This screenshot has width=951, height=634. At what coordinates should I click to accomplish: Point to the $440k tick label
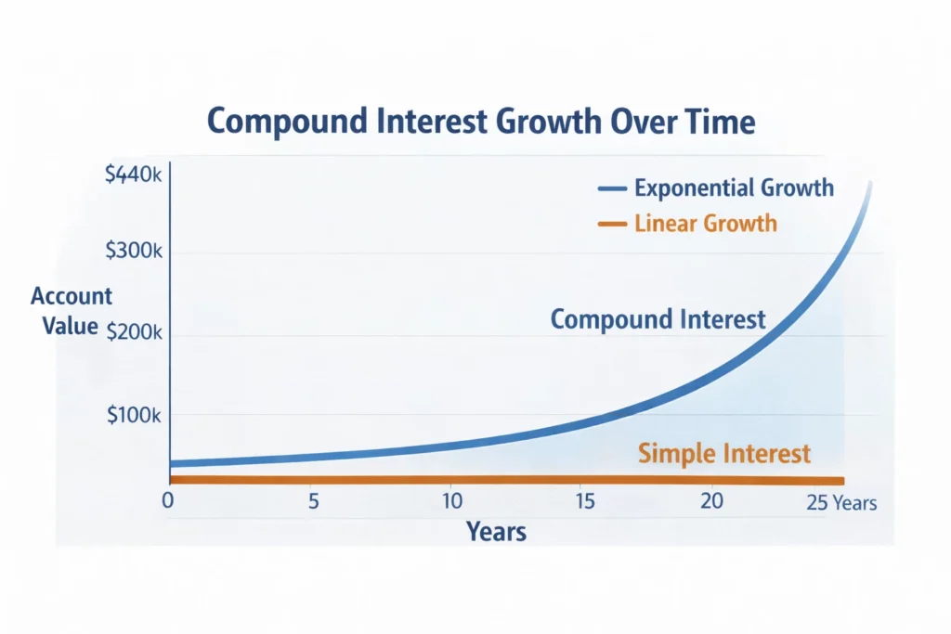(x=135, y=175)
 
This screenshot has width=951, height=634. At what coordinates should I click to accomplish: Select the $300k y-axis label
(x=135, y=252)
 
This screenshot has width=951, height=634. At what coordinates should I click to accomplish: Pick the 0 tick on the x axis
(x=168, y=501)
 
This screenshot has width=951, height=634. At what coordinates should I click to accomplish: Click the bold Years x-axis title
(x=496, y=532)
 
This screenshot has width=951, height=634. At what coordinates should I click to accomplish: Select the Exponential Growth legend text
(x=734, y=188)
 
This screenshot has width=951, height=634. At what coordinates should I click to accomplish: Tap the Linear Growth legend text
(x=706, y=224)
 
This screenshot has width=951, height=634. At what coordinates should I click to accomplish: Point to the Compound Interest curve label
(x=658, y=319)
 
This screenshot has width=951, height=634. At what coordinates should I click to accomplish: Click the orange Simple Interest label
(x=724, y=454)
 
